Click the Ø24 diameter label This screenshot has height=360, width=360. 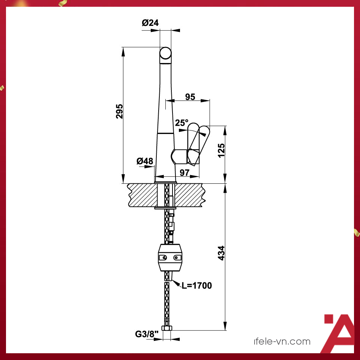click(150, 23)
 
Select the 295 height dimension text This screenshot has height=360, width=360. click(119, 111)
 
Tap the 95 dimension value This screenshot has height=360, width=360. click(190, 97)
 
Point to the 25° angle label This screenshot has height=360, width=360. click(182, 123)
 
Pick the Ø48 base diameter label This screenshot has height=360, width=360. click(145, 161)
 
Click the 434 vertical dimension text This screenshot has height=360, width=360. click(221, 253)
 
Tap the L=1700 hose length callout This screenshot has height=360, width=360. click(197, 286)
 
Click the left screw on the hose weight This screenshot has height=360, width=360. click(163, 258)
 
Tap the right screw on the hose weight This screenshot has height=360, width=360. click(176, 258)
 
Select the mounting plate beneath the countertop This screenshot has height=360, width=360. click(165, 207)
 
